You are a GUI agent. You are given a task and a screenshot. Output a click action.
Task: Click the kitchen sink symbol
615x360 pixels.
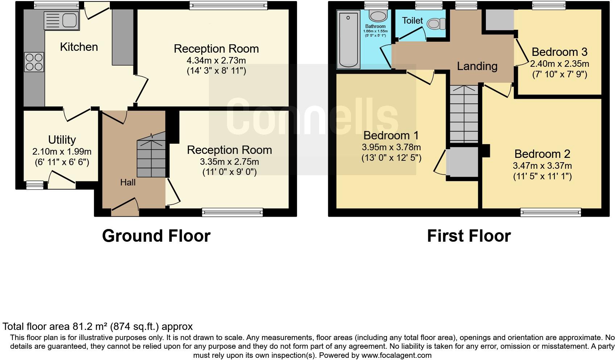click(x=61, y=20)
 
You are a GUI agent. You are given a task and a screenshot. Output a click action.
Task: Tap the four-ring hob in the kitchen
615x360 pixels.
click(x=34, y=62)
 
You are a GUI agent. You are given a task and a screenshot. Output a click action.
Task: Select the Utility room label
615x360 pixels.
click(x=62, y=140)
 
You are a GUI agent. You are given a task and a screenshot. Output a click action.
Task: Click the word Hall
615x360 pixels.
click(x=128, y=183)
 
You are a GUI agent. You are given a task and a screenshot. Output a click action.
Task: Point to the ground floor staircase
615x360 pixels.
click(x=151, y=156)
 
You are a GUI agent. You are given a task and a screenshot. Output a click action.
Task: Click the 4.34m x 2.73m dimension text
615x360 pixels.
click(x=216, y=60)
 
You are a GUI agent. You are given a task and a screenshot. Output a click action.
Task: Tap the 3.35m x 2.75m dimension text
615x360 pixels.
click(x=229, y=161)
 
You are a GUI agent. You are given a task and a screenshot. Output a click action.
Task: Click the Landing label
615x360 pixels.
click(x=477, y=66)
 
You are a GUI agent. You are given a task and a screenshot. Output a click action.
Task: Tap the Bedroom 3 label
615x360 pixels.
click(x=559, y=52)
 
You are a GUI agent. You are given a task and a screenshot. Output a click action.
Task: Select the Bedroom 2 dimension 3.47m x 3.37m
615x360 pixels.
click(x=542, y=166)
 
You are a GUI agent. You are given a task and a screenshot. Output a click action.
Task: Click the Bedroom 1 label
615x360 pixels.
click(x=391, y=135)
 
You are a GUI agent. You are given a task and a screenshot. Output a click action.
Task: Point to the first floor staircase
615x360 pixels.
click(x=464, y=114)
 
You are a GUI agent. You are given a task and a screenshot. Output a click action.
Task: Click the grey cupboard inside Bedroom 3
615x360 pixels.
click(x=499, y=20)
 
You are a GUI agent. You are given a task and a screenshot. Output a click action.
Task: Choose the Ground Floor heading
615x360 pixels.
click(x=156, y=236)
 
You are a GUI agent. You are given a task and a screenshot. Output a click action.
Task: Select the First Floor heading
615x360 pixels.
click(x=469, y=236)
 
